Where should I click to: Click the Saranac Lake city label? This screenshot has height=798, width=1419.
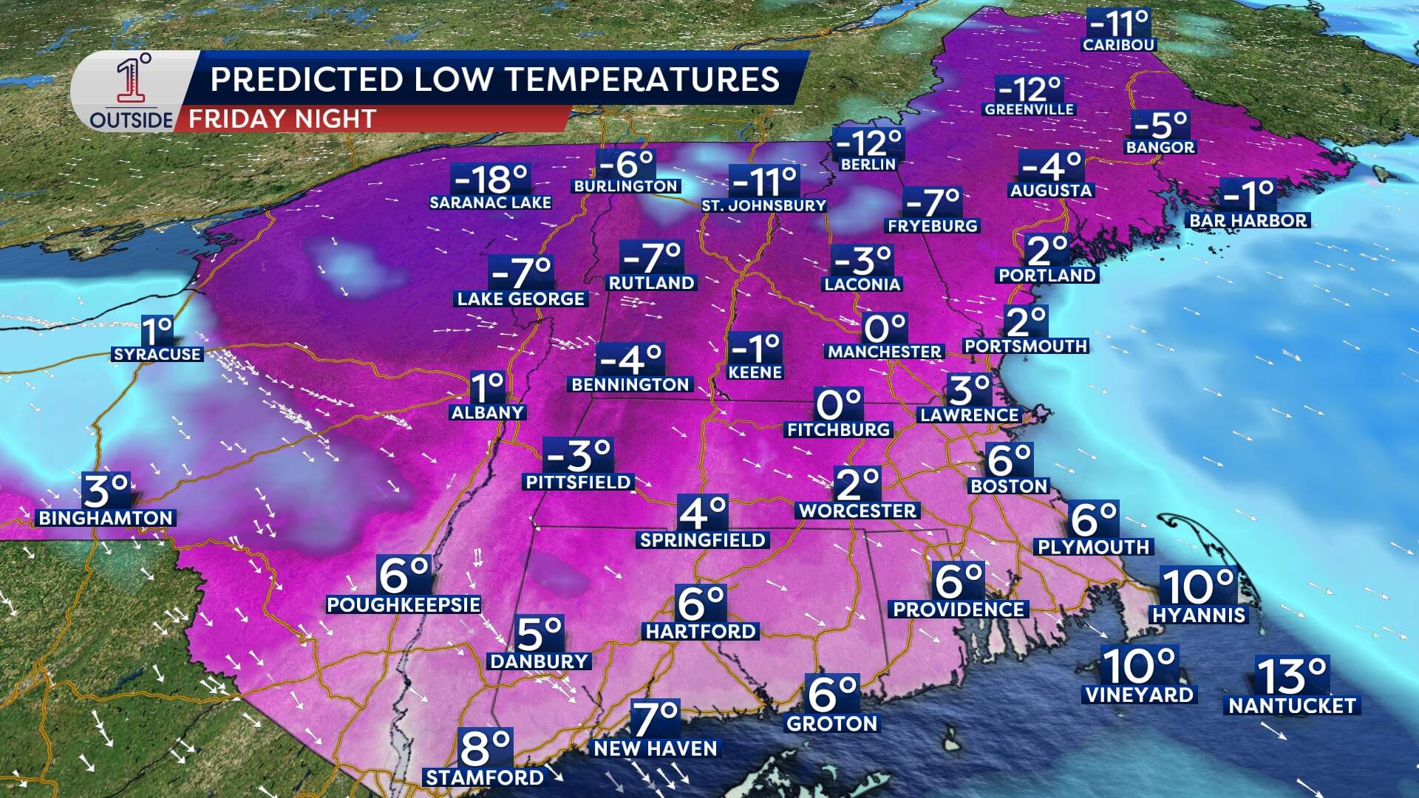point(490,202)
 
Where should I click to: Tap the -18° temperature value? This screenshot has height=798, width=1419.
point(491,178)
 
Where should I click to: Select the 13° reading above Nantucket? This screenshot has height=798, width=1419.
point(1292,675)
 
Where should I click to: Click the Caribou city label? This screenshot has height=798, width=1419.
point(1118,44)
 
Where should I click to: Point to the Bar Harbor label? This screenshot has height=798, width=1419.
point(1248,220)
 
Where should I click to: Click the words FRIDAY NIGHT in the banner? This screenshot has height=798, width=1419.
point(282,119)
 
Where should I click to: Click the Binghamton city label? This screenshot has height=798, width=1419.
point(106,518)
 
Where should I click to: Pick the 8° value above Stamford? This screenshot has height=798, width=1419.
point(485,748)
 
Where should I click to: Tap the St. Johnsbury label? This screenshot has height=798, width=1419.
point(763,205)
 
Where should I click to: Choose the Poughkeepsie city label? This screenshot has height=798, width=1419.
point(404,604)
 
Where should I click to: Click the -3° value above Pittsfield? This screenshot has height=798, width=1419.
point(579,456)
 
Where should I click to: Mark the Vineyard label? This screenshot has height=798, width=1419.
point(1139,695)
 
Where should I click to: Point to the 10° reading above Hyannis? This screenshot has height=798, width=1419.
point(1198,586)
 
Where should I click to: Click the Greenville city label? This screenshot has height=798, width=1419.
point(1029,109)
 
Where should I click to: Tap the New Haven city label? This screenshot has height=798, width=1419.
point(656,748)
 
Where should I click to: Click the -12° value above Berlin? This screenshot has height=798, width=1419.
point(868,141)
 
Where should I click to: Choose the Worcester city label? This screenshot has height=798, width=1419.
point(857,511)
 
